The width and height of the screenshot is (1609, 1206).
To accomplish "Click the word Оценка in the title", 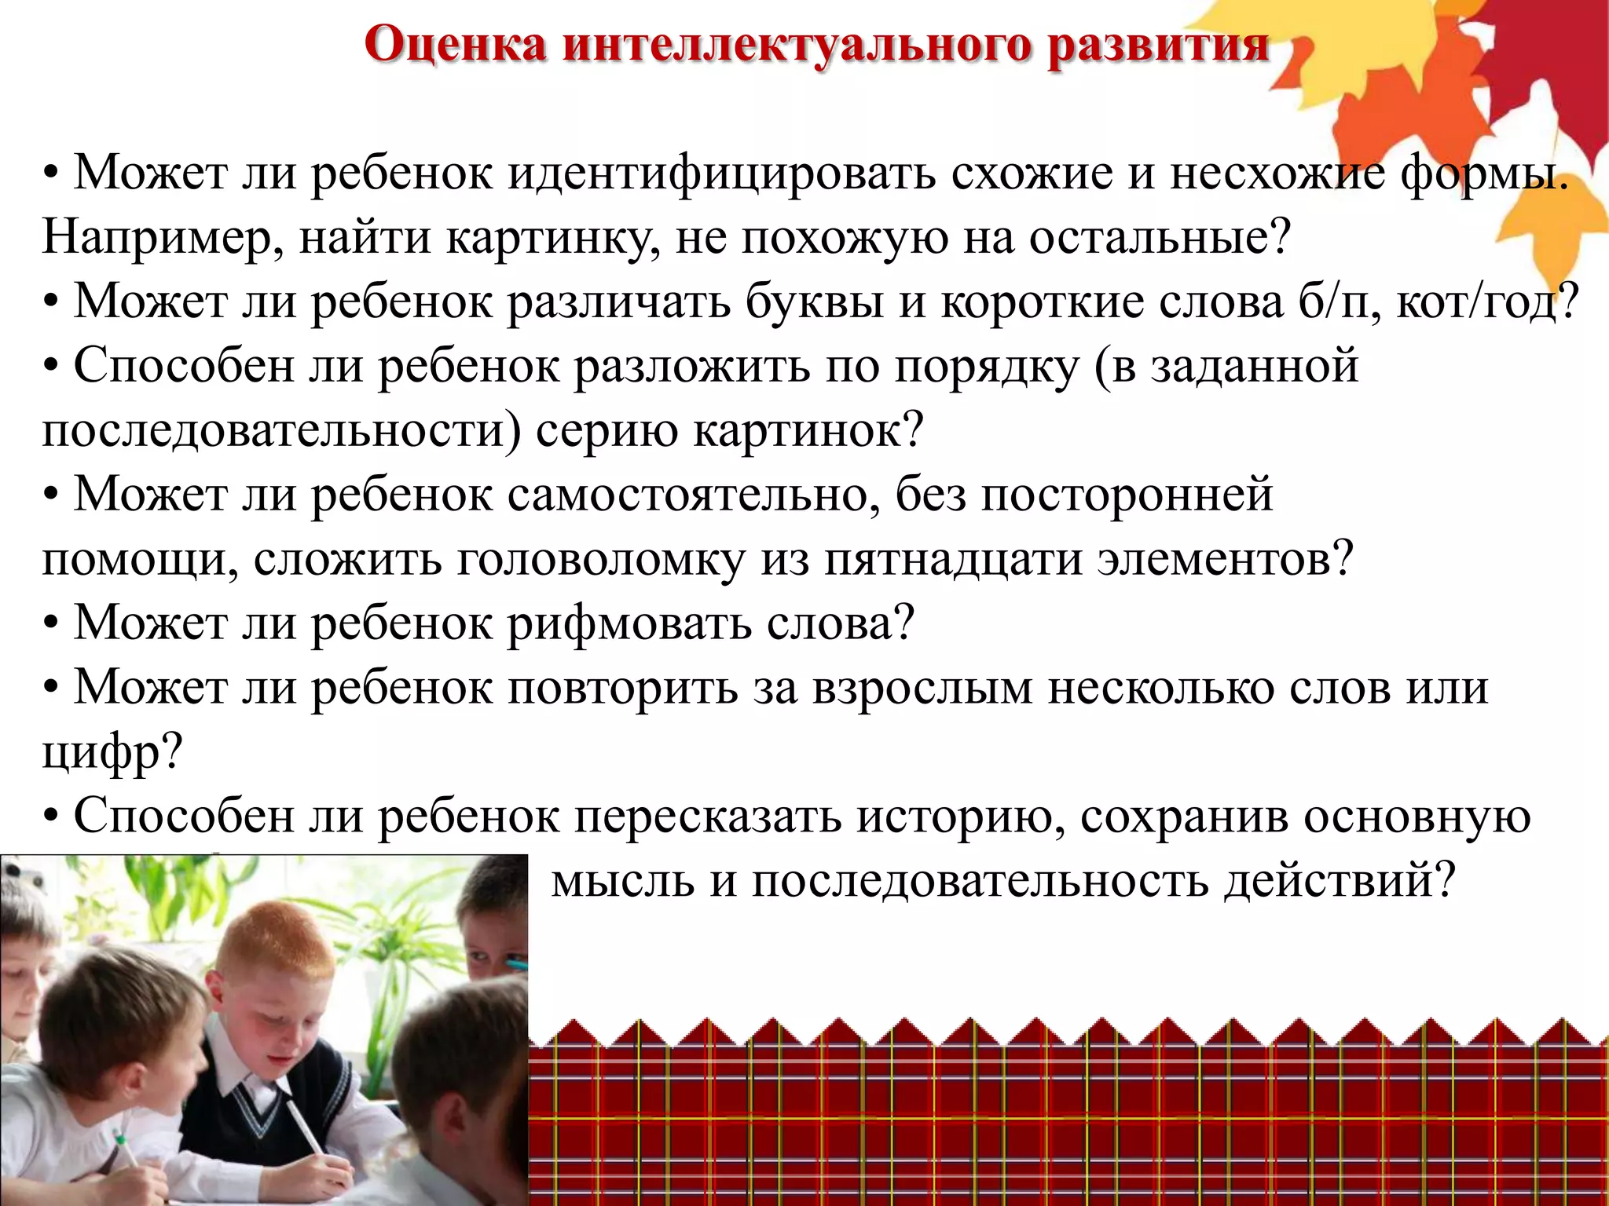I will (x=455, y=45).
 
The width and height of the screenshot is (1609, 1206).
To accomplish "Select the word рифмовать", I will (x=629, y=623).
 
